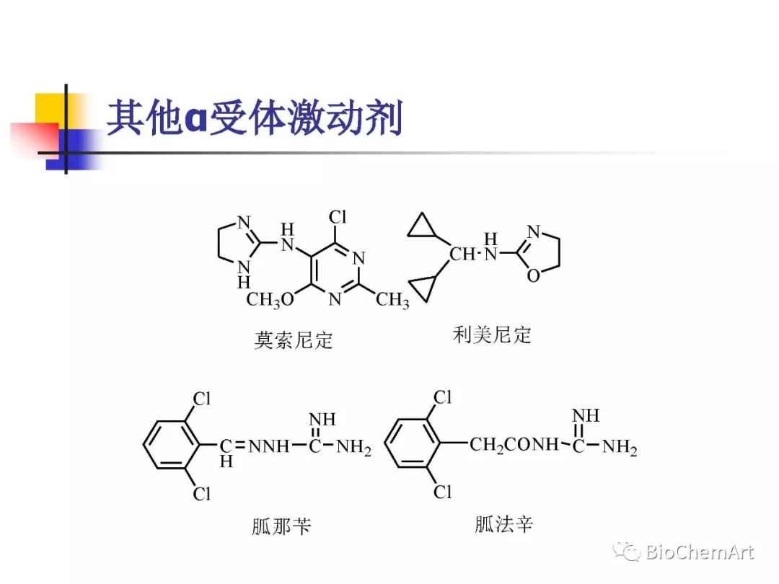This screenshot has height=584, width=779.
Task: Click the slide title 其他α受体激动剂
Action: pos(254,118)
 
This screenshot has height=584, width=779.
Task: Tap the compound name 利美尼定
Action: pos(493,335)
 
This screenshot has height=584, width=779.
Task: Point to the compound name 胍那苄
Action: pos(281,526)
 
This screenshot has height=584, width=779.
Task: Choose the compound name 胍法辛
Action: pos(503,523)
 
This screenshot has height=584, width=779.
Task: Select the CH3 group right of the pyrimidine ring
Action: pos(392,300)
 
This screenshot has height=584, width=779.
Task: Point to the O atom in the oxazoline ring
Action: pos(533,276)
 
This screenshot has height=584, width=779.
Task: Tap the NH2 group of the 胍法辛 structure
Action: pos(620,447)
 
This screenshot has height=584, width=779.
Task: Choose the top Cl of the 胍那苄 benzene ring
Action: pos(201,399)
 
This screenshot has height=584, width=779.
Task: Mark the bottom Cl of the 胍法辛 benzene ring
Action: pos(442,492)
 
